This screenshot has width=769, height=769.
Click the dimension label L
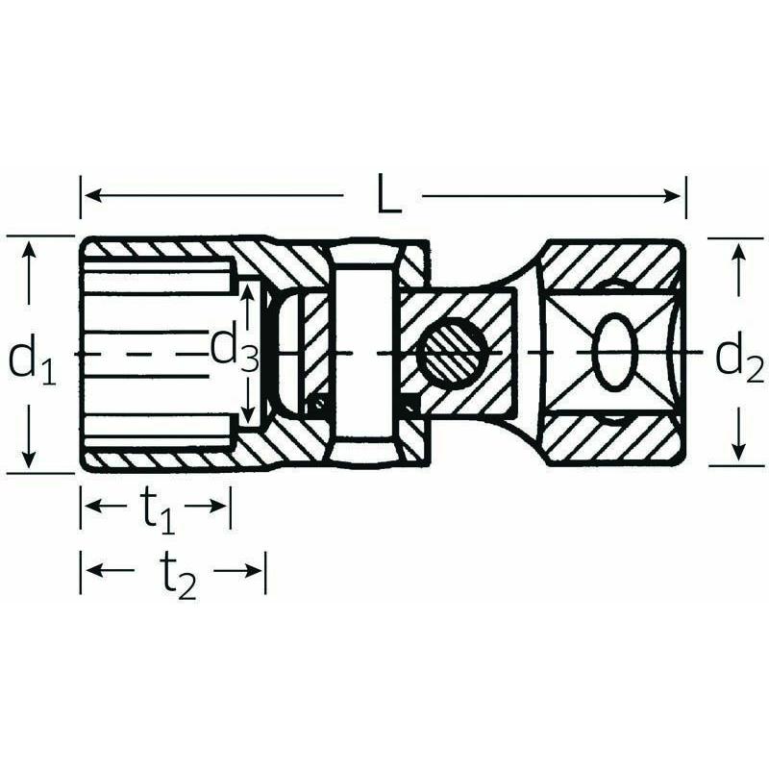coord(387,196)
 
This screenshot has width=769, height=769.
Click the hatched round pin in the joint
coord(450,355)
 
